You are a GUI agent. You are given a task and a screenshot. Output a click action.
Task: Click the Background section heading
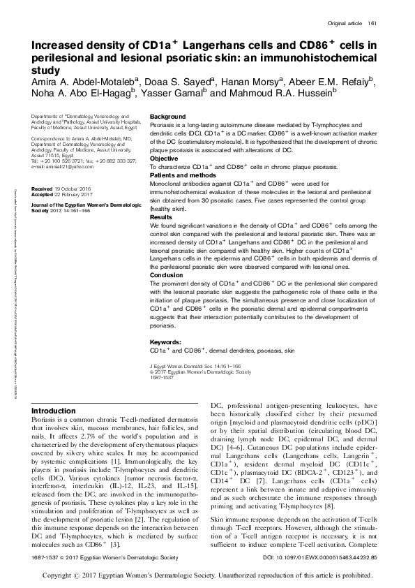168,116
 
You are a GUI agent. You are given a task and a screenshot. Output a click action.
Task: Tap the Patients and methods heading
182,174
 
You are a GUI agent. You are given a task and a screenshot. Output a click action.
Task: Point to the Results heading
161,218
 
